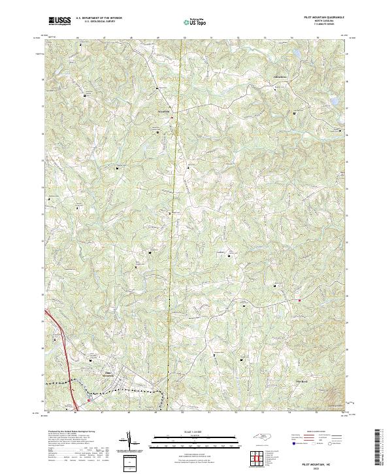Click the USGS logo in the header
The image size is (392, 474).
pyautogui.click(x=59, y=22)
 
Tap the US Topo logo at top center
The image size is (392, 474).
pyautogui.click(x=193, y=22)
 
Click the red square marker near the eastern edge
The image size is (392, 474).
pyautogui.click(x=299, y=300)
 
